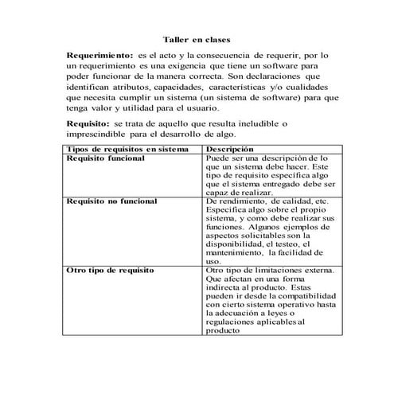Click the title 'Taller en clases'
pos(197,37)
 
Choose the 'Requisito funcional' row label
pos(105,158)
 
